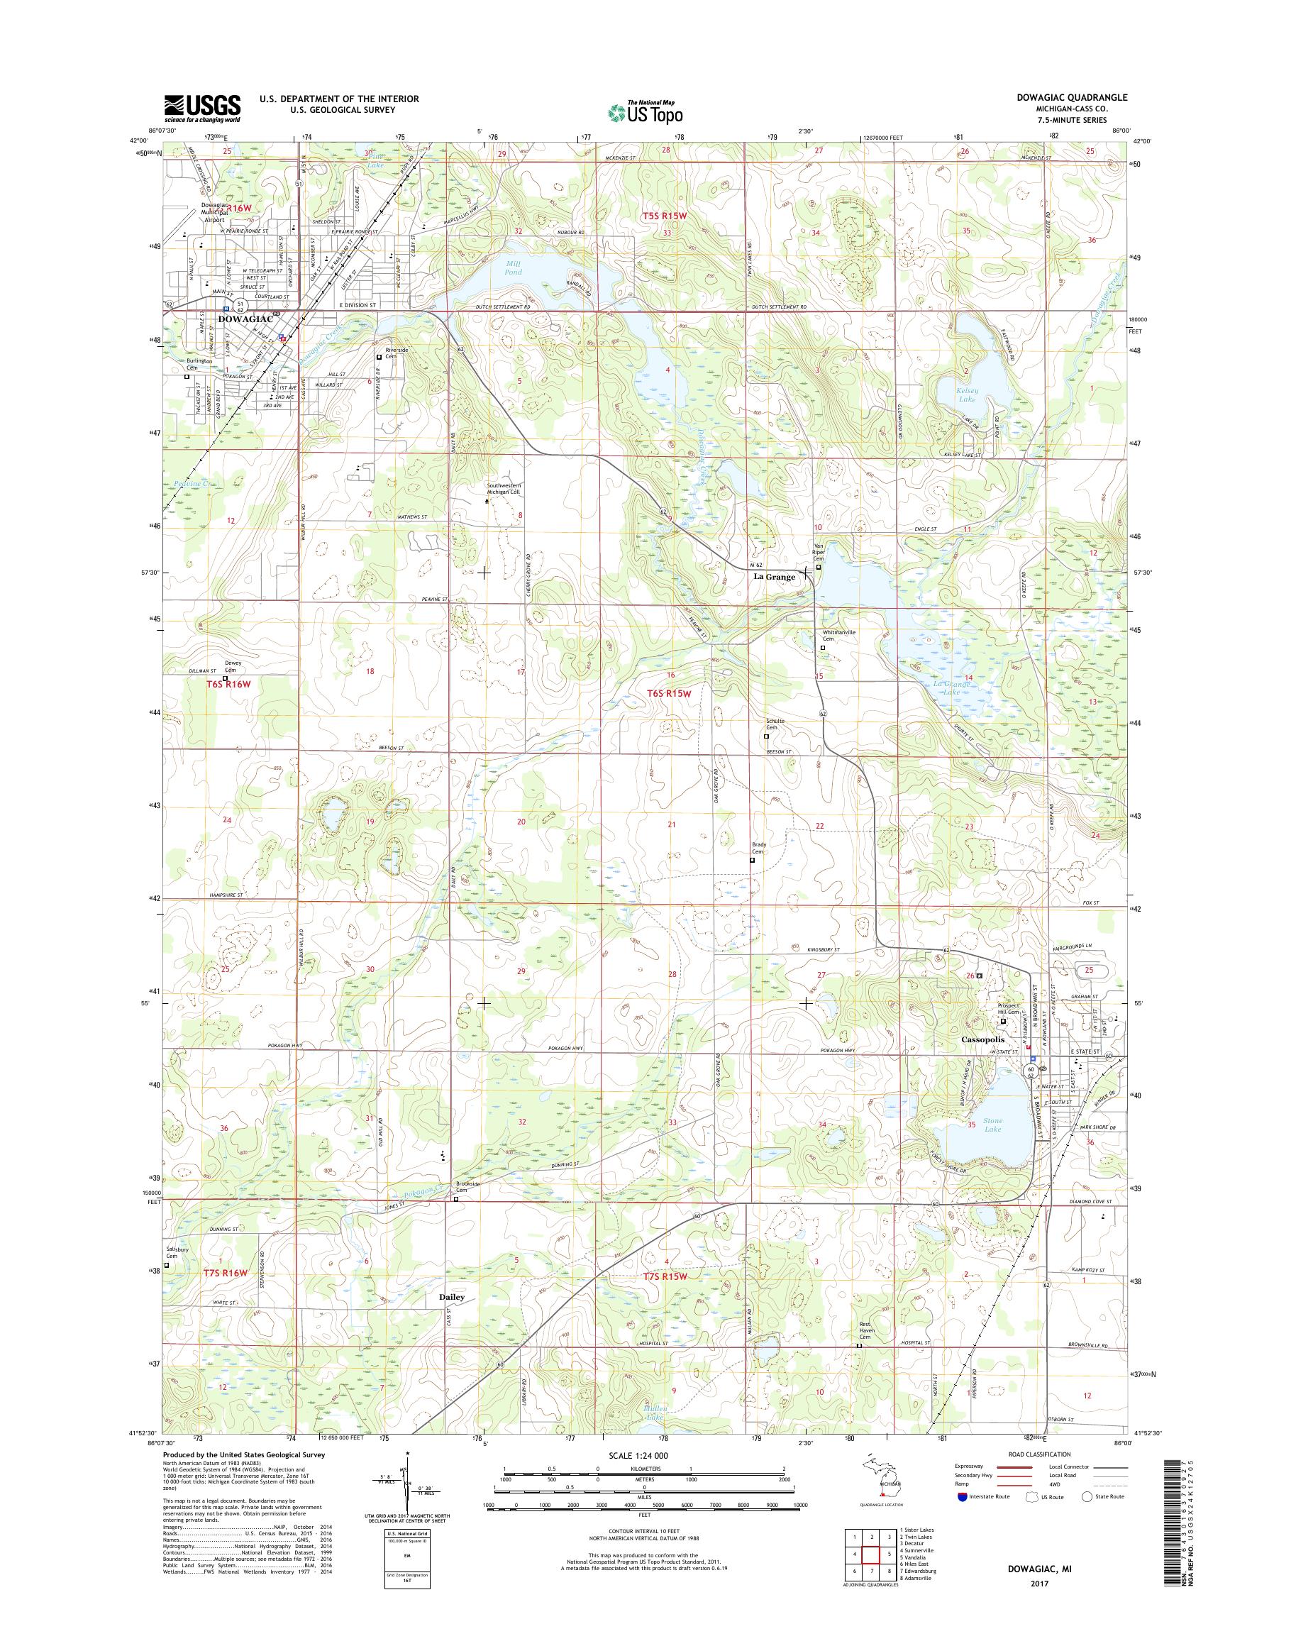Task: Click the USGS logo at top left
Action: [203, 109]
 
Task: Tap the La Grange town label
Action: [773, 577]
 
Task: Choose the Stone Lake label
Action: [992, 1125]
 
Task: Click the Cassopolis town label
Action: [986, 1040]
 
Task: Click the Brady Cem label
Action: [758, 849]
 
